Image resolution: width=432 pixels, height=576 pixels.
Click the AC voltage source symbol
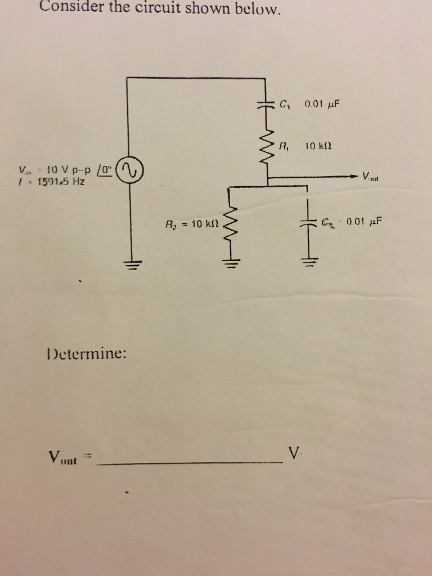pos(132,169)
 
